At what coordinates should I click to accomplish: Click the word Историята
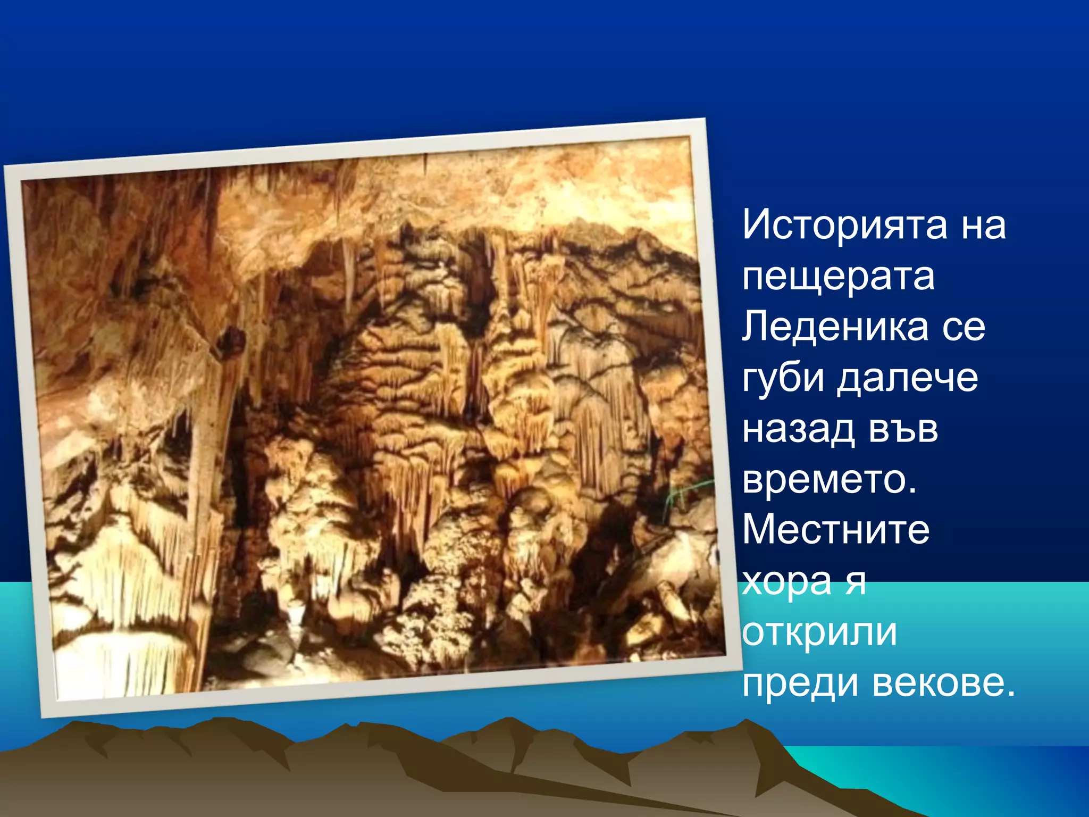(844, 225)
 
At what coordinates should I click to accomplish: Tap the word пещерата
(838, 278)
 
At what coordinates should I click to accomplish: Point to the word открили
(819, 632)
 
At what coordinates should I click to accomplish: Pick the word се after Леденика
(964, 327)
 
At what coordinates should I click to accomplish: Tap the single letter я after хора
(856, 582)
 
